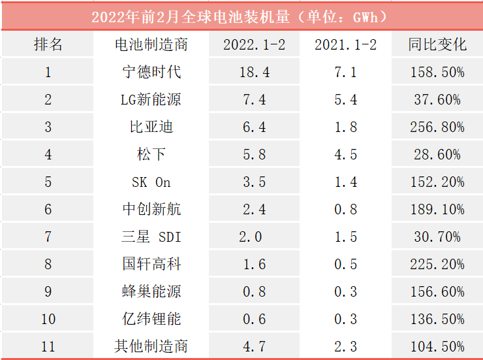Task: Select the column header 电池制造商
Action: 151,44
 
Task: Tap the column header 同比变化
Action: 437,44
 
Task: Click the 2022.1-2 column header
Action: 254,44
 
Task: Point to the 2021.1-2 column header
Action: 345,44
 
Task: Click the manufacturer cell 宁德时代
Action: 151,72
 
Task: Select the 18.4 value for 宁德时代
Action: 254,72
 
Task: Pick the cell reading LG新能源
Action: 151,99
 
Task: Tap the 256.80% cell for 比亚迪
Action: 437,127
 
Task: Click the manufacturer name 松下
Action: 151,154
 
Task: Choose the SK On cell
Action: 151,182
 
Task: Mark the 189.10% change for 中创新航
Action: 437,209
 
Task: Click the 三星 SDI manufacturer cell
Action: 151,237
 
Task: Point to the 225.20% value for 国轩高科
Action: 437,264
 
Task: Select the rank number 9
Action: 48,291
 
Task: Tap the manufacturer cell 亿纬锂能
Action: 151,319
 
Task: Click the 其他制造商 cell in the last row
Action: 151,346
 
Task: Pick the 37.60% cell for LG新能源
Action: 437,99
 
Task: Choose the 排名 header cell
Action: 48,44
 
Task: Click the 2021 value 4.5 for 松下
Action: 345,154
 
